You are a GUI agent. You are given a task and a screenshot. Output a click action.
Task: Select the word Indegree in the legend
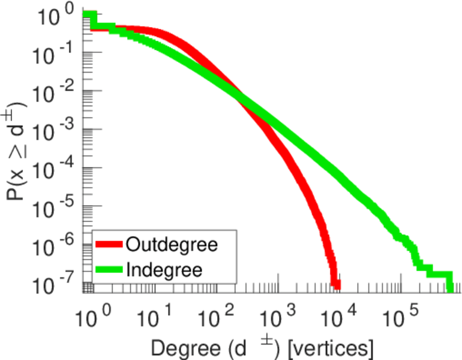[164, 269]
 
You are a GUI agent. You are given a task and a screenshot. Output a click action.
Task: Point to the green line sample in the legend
[109, 269]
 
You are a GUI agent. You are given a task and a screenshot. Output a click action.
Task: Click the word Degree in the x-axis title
[179, 348]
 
